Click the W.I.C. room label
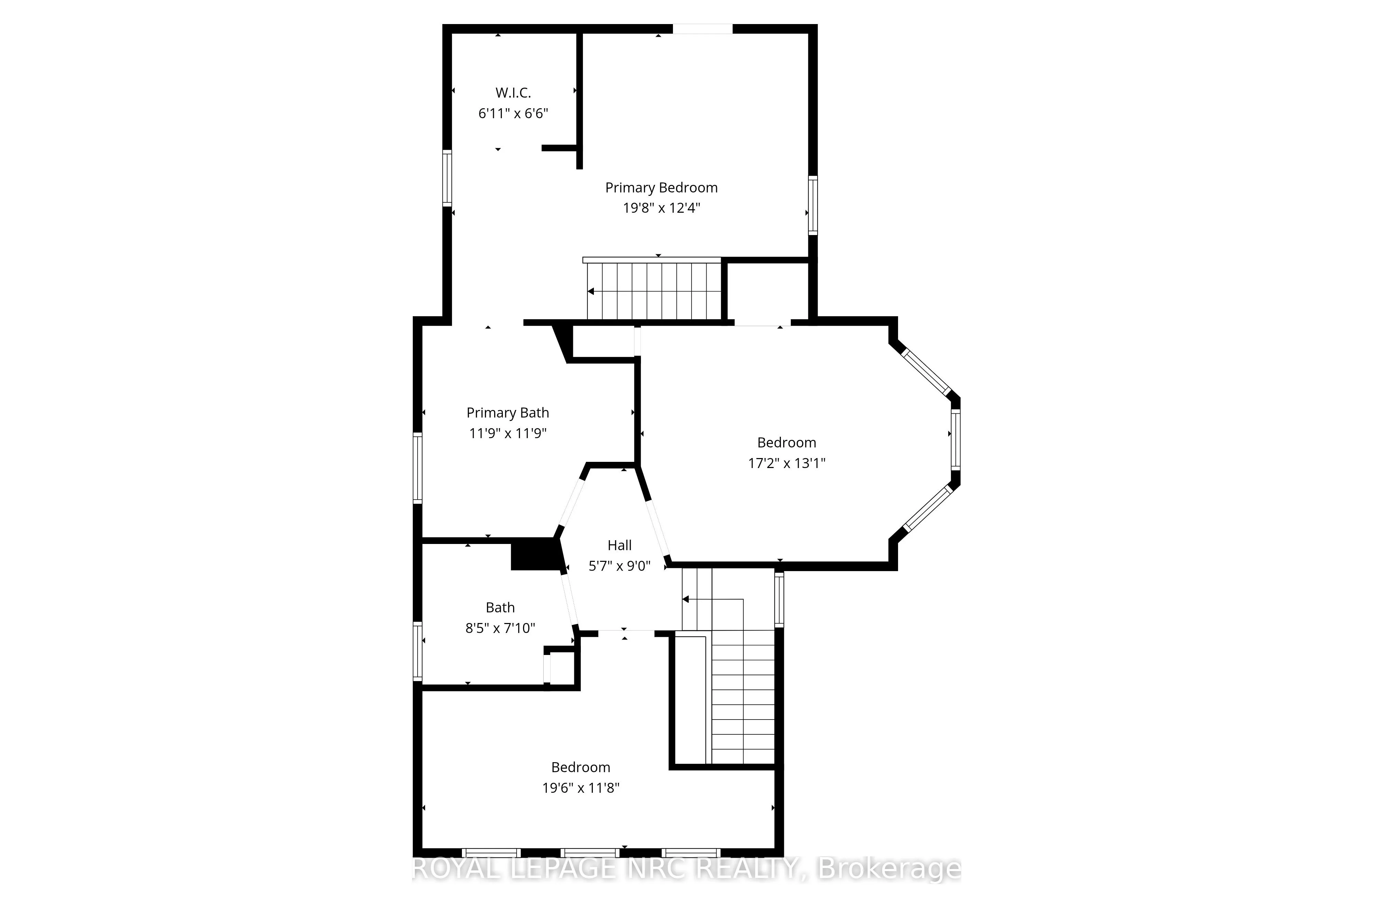(513, 92)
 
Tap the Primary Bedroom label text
(661, 188)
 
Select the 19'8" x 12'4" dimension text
(661, 208)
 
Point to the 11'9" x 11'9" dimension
(508, 433)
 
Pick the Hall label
(620, 545)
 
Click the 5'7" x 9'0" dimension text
(620, 566)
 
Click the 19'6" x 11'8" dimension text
(580, 787)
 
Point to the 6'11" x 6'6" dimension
(513, 113)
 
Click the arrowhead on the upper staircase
(591, 291)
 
